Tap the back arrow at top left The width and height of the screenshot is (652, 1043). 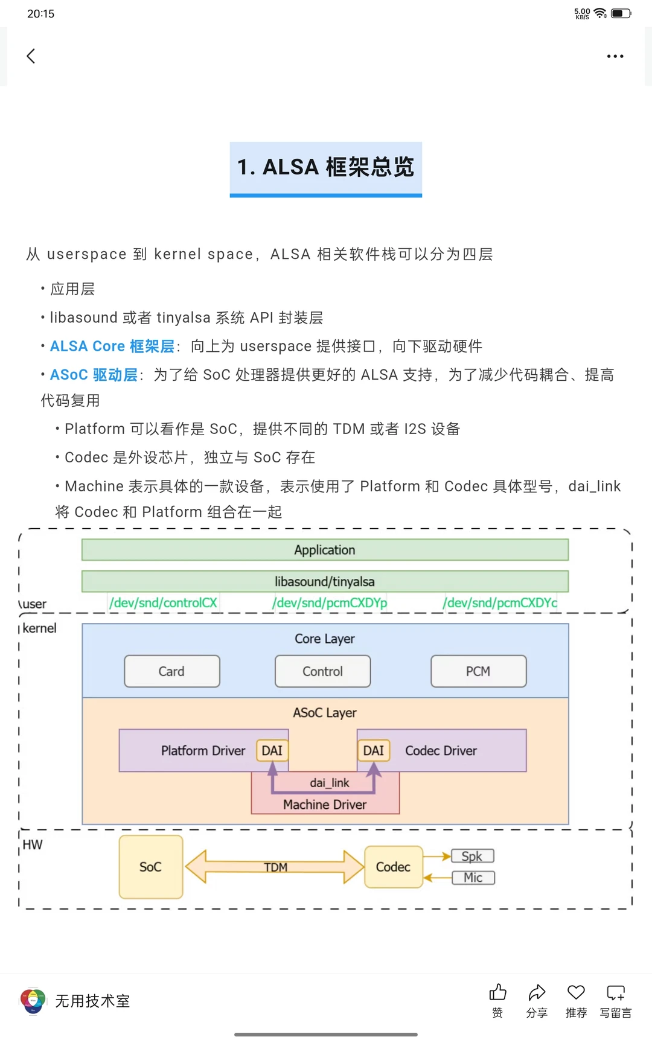(31, 56)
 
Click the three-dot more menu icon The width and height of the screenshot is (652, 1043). (615, 56)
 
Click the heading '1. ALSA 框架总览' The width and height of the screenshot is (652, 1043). (325, 167)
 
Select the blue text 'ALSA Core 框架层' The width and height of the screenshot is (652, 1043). (112, 346)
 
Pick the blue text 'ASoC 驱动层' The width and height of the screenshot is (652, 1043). (94, 375)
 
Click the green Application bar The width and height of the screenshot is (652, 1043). (325, 550)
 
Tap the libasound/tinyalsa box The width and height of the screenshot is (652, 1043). (325, 581)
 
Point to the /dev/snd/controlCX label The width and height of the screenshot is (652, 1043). (163, 603)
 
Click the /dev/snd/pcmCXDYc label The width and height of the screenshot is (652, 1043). (500, 603)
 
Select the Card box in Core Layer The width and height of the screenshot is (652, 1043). (172, 671)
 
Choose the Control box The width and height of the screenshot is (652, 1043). (322, 671)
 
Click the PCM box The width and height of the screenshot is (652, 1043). (478, 671)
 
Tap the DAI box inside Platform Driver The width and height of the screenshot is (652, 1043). (272, 750)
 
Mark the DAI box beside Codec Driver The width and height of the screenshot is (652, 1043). (374, 750)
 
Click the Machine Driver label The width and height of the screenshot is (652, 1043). (325, 805)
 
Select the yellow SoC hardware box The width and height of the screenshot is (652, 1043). (151, 867)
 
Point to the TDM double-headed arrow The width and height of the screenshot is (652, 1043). (275, 867)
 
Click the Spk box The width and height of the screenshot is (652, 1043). (473, 856)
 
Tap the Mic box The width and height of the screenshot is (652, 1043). (473, 878)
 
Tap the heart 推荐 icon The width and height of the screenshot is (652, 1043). (576, 993)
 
